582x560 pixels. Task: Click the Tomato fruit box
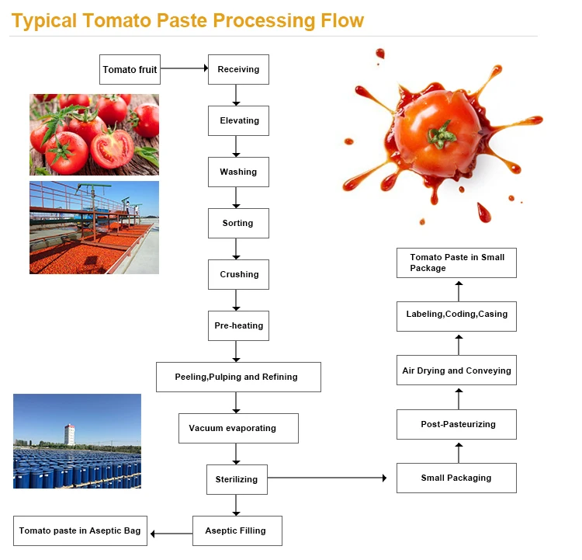click(130, 69)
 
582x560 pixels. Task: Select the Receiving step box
click(238, 69)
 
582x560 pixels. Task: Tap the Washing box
click(238, 172)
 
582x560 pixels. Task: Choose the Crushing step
click(238, 275)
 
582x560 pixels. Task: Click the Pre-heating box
click(238, 326)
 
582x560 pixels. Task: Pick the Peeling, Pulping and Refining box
click(238, 377)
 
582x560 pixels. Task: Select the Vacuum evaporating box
click(238, 429)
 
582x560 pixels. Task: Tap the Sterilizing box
click(237, 480)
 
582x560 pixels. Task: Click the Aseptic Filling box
click(237, 531)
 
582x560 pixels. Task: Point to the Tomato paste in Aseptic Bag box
click(80, 531)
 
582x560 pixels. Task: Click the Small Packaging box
click(456, 478)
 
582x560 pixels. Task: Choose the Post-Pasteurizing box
click(456, 425)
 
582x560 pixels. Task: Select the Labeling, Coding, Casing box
click(456, 317)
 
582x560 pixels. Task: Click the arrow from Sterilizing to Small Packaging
click(327, 478)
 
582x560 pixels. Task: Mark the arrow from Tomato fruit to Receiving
click(184, 68)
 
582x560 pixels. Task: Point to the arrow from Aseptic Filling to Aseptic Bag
click(171, 534)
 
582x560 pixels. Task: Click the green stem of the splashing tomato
click(441, 134)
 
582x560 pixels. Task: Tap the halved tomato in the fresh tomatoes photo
click(112, 149)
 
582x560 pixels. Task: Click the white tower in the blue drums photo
click(69, 434)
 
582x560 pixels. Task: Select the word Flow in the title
click(342, 20)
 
